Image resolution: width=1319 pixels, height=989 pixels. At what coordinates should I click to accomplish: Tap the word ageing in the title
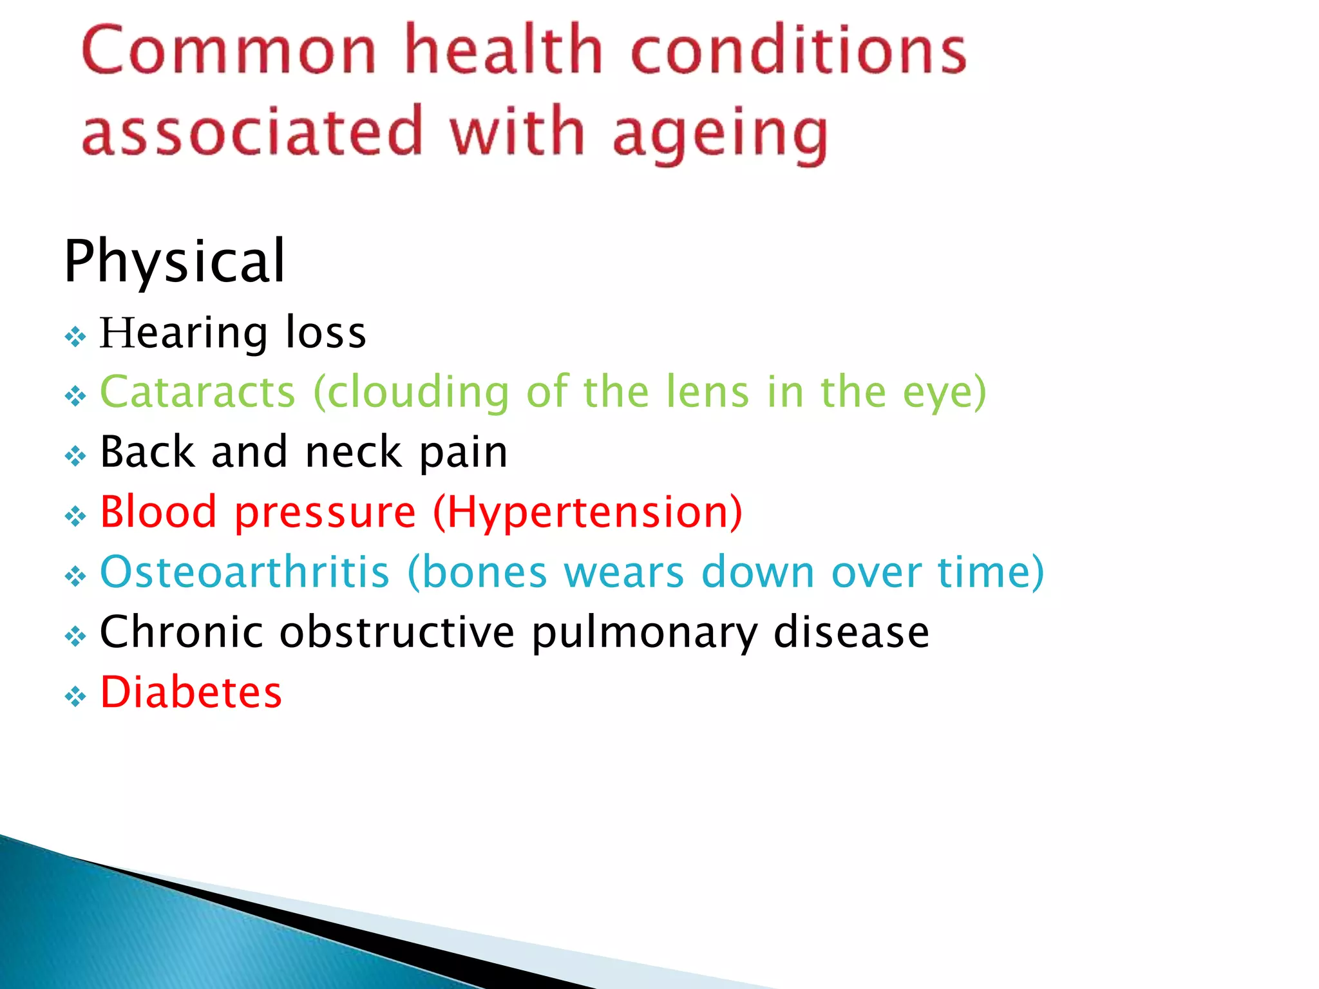tap(720, 134)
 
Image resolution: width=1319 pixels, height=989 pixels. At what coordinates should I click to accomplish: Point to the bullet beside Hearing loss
tap(75, 337)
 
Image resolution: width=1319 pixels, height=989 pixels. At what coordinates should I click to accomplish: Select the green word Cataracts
tap(198, 392)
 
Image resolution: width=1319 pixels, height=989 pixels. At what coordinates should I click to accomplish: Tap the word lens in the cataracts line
tap(707, 392)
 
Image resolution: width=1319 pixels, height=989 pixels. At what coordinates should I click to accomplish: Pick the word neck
tap(354, 452)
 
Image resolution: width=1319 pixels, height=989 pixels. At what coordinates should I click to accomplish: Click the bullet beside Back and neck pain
tap(75, 457)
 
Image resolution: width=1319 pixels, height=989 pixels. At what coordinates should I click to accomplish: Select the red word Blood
tap(158, 512)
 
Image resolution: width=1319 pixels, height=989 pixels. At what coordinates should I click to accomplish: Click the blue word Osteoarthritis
tap(245, 572)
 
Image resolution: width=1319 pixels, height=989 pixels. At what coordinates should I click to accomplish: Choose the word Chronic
tap(181, 632)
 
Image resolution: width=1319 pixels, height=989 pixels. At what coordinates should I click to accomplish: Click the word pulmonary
tap(645, 633)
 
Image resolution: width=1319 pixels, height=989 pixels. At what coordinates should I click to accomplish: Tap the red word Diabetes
tap(191, 692)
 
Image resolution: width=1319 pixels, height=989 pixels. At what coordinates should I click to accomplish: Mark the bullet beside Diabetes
tap(75, 696)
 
